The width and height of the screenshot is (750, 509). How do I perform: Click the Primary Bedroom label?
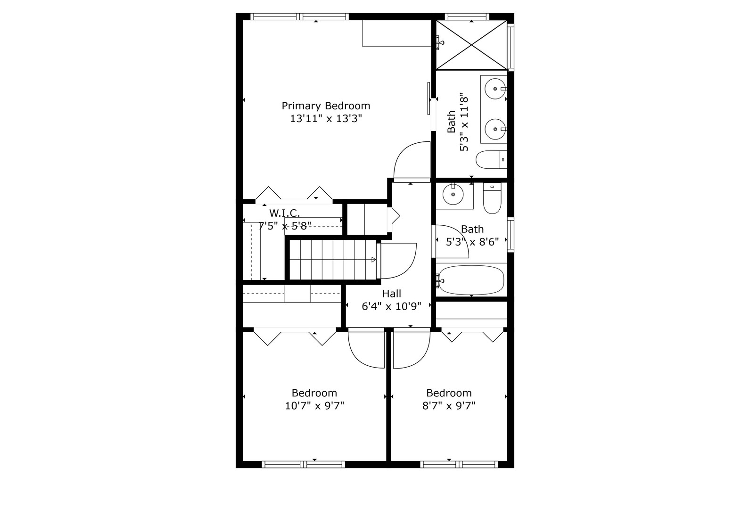coord(326,106)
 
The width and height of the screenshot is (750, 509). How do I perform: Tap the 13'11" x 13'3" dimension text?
coord(326,118)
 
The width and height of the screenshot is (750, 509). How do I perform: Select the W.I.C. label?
coord(284,213)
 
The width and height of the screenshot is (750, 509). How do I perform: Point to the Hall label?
coord(391,294)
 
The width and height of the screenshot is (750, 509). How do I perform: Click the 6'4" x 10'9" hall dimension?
coord(391,306)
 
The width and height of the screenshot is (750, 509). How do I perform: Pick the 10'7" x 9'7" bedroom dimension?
coord(314,406)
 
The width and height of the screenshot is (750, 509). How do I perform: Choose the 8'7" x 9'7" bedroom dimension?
coord(449,406)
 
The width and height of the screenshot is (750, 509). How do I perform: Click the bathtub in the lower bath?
coord(470,280)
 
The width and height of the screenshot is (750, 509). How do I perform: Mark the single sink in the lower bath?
coord(453,194)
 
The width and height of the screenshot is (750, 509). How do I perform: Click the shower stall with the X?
coord(471,45)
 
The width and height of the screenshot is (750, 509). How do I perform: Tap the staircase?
coord(332,259)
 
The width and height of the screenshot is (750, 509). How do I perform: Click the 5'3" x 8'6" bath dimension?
coord(472,242)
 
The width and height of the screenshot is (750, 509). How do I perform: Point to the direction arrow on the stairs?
coord(373,259)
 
